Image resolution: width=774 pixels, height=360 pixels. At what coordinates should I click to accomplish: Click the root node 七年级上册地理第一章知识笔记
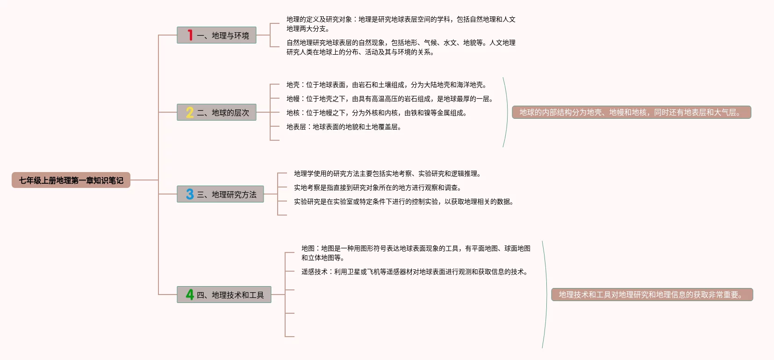coord(71,180)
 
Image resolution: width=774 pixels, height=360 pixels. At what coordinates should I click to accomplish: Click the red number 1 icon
coord(190,35)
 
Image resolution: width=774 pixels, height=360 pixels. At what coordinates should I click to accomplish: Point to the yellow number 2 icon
coord(189,112)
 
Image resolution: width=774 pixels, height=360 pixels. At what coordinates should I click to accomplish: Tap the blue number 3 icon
coord(189,194)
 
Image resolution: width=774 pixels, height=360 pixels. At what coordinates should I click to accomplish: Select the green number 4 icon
coord(189,295)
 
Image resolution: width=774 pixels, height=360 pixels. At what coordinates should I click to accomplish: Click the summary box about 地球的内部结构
coord(631,112)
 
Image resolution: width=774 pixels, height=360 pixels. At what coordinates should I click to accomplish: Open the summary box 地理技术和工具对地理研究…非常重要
coord(652,295)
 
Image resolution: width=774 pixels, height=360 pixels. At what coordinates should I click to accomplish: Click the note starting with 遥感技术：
coord(416,272)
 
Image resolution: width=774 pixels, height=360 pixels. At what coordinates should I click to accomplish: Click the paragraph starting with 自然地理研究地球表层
coord(401,47)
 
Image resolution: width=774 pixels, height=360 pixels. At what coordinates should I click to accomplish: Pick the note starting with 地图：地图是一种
coord(416,253)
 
